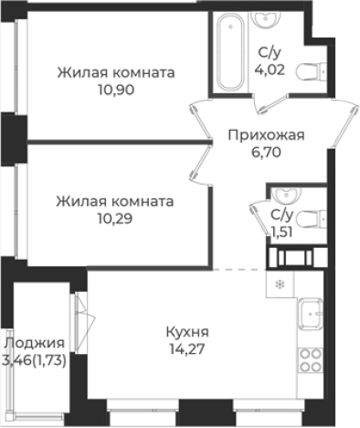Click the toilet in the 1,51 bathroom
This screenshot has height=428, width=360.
coord(310,217)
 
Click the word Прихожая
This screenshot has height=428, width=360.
coord(265,135)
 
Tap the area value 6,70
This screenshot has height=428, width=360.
coord(265,154)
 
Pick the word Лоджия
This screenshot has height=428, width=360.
coord(34,343)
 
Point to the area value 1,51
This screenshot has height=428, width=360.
coord(279,231)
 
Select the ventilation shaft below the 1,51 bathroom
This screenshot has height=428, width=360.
coord(295,256)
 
